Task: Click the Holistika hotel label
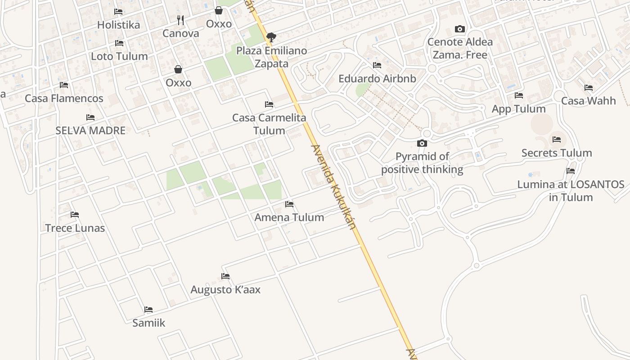click(x=119, y=25)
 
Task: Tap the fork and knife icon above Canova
click(x=180, y=20)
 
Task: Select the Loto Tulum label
click(x=119, y=56)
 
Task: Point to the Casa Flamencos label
click(x=64, y=98)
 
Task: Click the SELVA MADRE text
click(x=90, y=130)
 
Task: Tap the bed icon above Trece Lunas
click(x=75, y=215)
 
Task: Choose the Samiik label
click(x=149, y=323)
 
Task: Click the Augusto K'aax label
click(x=225, y=289)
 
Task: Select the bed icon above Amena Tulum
click(x=289, y=204)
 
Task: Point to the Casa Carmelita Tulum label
click(x=269, y=124)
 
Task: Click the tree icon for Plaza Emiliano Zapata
click(x=271, y=37)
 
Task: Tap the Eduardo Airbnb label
click(x=377, y=79)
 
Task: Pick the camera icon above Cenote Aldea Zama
click(x=459, y=29)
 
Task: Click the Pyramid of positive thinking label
click(x=422, y=163)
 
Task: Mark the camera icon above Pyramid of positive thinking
click(x=422, y=144)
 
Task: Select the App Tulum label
click(x=519, y=109)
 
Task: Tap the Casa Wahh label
click(x=588, y=101)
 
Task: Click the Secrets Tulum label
click(x=557, y=153)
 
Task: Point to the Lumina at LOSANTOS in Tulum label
click(x=571, y=191)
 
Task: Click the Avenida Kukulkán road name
click(x=333, y=187)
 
